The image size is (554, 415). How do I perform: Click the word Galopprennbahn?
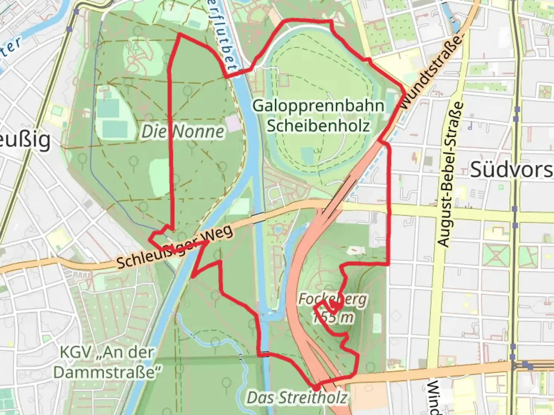click(x=318, y=105)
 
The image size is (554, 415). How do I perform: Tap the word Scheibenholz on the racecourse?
click(x=318, y=125)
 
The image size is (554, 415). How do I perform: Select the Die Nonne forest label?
click(x=183, y=132)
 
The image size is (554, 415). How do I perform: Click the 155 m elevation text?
click(x=332, y=317)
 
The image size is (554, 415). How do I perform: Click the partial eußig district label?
click(x=25, y=140)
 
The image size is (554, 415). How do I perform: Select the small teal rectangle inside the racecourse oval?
click(x=308, y=154)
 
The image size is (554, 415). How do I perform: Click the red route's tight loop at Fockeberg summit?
click(x=334, y=306)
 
